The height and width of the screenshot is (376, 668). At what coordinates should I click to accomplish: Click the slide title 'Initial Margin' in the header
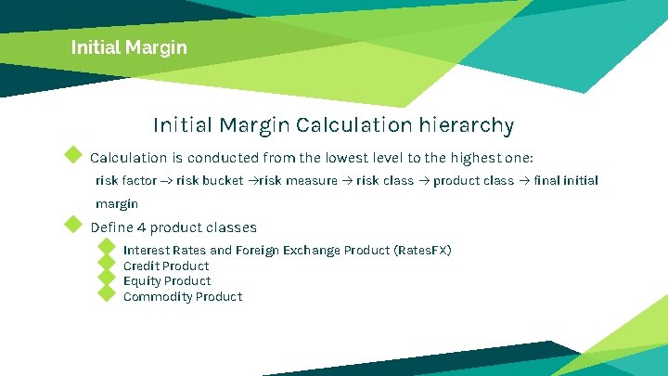tap(129, 45)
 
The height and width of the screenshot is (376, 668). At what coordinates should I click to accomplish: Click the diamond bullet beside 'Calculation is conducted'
tap(72, 153)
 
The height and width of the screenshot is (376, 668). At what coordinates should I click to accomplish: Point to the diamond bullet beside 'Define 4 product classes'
tap(72, 224)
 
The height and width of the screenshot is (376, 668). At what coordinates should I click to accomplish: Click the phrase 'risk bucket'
tap(210, 180)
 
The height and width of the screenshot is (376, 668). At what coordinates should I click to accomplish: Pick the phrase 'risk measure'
tap(299, 180)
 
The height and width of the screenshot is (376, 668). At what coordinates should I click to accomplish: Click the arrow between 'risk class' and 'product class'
tap(423, 180)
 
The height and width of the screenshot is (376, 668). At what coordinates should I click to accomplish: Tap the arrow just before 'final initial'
tap(523, 180)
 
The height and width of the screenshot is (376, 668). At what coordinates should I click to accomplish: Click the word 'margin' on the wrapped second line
tap(117, 203)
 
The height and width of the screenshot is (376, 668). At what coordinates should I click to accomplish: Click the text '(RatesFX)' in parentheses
tap(423, 250)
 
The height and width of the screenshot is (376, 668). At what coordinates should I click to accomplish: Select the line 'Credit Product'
tap(166, 266)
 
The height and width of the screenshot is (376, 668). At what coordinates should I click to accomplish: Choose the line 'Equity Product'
tap(167, 280)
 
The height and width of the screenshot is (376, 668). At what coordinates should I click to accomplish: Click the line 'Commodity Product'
tap(183, 296)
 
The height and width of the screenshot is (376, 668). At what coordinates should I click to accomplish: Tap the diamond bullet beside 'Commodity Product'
tap(106, 294)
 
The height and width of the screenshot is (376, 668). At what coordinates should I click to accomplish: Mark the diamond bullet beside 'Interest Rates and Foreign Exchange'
tap(106, 247)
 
